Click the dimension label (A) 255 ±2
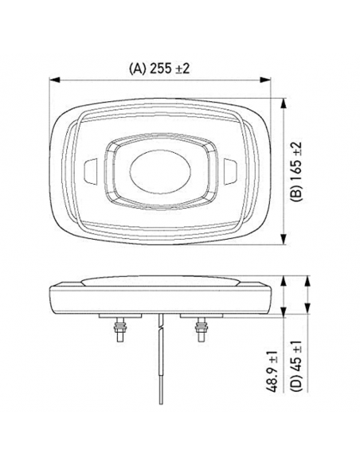159,68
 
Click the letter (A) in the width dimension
136,68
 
